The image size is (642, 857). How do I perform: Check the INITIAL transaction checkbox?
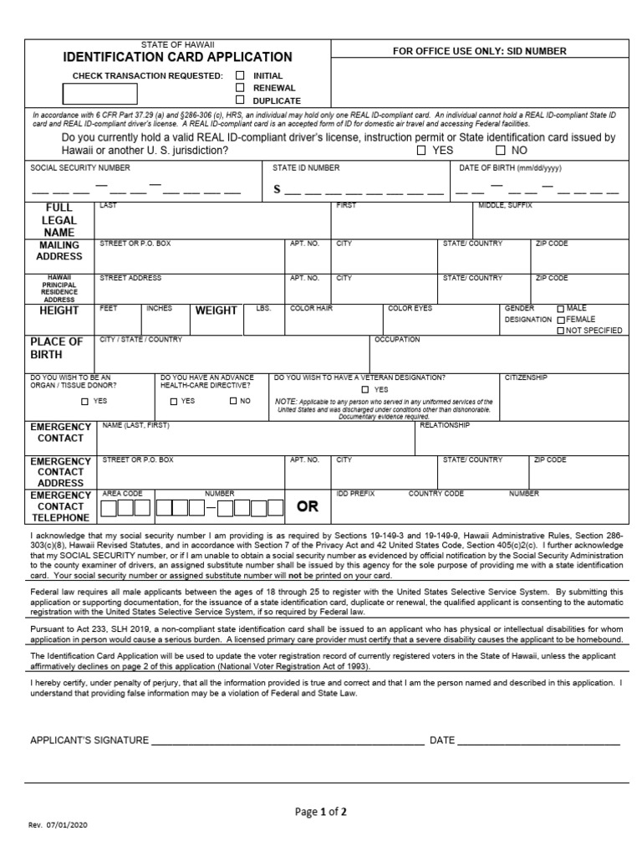(240, 75)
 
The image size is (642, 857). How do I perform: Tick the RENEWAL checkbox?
(240, 87)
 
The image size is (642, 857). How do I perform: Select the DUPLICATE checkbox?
(240, 100)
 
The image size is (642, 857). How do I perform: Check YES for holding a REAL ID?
(420, 151)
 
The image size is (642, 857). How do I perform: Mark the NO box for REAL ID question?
(500, 151)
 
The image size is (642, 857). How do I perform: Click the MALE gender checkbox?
(560, 308)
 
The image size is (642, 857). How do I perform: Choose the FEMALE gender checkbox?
(560, 319)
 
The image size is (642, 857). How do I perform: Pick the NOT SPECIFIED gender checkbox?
(560, 331)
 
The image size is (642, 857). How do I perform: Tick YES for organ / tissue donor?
(84, 402)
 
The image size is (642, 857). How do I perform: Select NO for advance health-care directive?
(233, 401)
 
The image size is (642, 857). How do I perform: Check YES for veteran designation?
(365, 389)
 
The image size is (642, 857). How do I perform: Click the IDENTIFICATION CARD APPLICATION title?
(178, 58)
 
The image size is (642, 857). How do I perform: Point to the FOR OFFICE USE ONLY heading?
(479, 51)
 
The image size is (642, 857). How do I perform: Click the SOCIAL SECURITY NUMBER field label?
(80, 168)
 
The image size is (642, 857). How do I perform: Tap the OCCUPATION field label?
(397, 340)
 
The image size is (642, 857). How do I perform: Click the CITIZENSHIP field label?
(526, 377)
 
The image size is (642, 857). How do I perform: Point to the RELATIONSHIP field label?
(444, 425)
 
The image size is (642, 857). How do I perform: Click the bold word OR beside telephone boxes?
(308, 507)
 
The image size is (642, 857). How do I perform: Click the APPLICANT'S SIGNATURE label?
(89, 741)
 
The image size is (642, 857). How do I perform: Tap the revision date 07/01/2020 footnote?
(58, 825)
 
